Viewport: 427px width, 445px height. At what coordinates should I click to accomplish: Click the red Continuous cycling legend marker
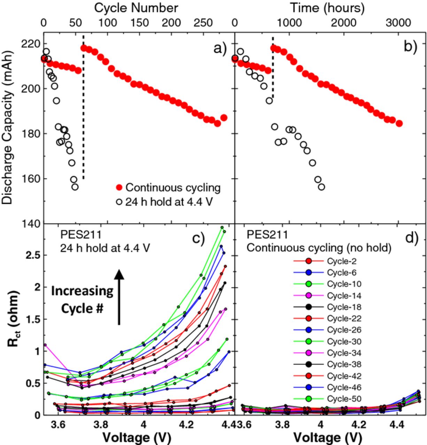[119, 188]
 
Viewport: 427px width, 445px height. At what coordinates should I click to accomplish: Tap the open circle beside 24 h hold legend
[119, 202]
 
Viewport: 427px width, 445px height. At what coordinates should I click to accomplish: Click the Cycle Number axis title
[136, 8]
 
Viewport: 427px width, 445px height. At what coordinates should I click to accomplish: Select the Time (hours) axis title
[327, 8]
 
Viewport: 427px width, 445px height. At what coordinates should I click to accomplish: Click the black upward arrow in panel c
[119, 297]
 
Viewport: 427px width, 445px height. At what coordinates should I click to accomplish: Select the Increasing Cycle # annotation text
[82, 300]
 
